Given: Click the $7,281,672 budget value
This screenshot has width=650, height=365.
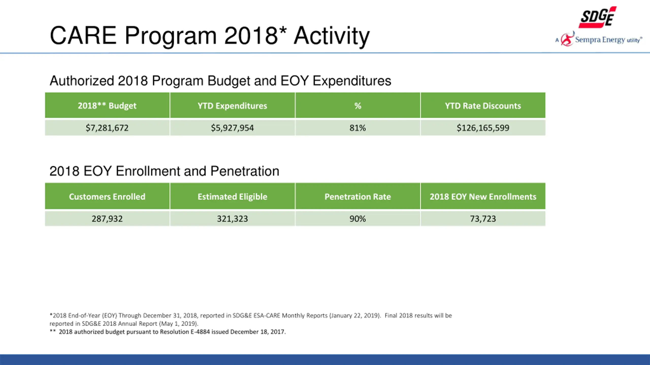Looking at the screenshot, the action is [107, 128].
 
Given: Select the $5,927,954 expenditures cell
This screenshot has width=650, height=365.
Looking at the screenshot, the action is [232, 128].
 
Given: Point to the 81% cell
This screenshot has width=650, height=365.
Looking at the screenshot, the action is [357, 128].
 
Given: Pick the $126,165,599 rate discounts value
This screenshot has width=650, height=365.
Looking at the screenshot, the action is [483, 128].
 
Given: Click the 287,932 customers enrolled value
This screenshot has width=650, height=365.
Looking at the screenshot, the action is [107, 218].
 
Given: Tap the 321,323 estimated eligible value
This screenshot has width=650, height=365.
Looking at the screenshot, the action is [232, 218].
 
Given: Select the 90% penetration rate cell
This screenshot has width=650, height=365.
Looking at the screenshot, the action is [357, 218].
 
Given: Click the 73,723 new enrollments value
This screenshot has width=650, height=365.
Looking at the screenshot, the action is [483, 218].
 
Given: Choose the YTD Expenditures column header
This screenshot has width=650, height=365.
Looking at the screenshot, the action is [232, 106].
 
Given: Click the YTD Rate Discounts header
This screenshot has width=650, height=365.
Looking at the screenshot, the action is [483, 106].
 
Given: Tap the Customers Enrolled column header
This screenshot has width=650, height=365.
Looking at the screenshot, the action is [107, 196].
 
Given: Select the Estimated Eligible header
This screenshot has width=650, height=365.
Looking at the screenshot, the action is [232, 197].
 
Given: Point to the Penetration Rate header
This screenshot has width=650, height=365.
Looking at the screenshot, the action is [357, 196].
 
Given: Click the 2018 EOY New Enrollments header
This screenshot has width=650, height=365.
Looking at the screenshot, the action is [483, 196].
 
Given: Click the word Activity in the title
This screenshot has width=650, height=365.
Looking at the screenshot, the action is [332, 36].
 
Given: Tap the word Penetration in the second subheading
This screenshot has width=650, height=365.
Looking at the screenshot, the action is [245, 171].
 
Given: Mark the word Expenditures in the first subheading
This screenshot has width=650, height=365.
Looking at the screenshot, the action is [352, 81].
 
